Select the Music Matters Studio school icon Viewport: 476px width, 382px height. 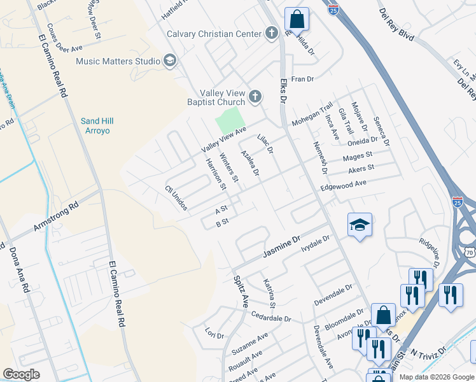pos(169,61)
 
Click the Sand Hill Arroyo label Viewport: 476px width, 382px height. pos(95,126)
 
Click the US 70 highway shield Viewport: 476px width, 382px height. pos(470,234)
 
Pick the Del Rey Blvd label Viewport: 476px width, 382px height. pos(396,25)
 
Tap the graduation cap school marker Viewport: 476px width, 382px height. pos(360,225)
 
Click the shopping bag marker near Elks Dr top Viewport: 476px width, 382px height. pos(297,20)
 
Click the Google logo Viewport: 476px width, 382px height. pos(21,374)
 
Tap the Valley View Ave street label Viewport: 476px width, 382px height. pos(223,139)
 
